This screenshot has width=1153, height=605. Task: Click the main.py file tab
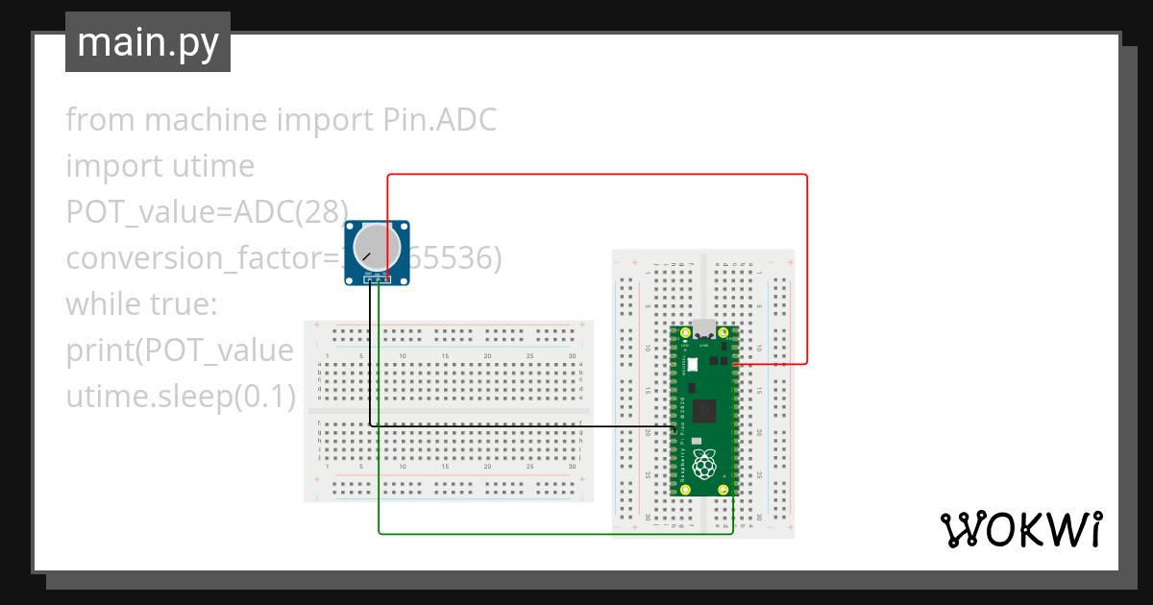[147, 42]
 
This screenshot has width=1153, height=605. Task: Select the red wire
[596, 175]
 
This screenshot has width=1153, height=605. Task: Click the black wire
[519, 425]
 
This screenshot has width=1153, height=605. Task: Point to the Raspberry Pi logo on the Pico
[706, 464]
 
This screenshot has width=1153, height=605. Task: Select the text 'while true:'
[143, 304]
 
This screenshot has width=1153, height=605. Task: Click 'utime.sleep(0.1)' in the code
[181, 397]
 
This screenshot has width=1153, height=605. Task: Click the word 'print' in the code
[98, 351]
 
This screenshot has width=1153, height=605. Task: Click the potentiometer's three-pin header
[378, 279]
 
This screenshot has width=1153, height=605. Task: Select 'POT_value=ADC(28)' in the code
[207, 212]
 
